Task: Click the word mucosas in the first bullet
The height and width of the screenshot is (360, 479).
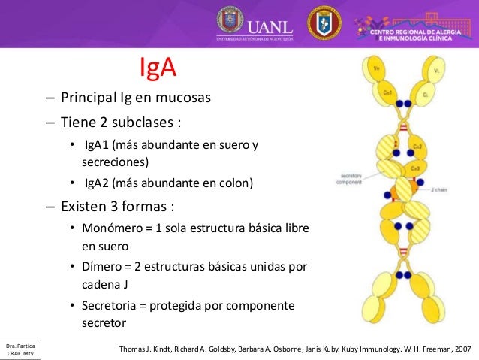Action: (182, 98)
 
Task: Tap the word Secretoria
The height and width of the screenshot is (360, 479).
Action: (113, 306)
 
